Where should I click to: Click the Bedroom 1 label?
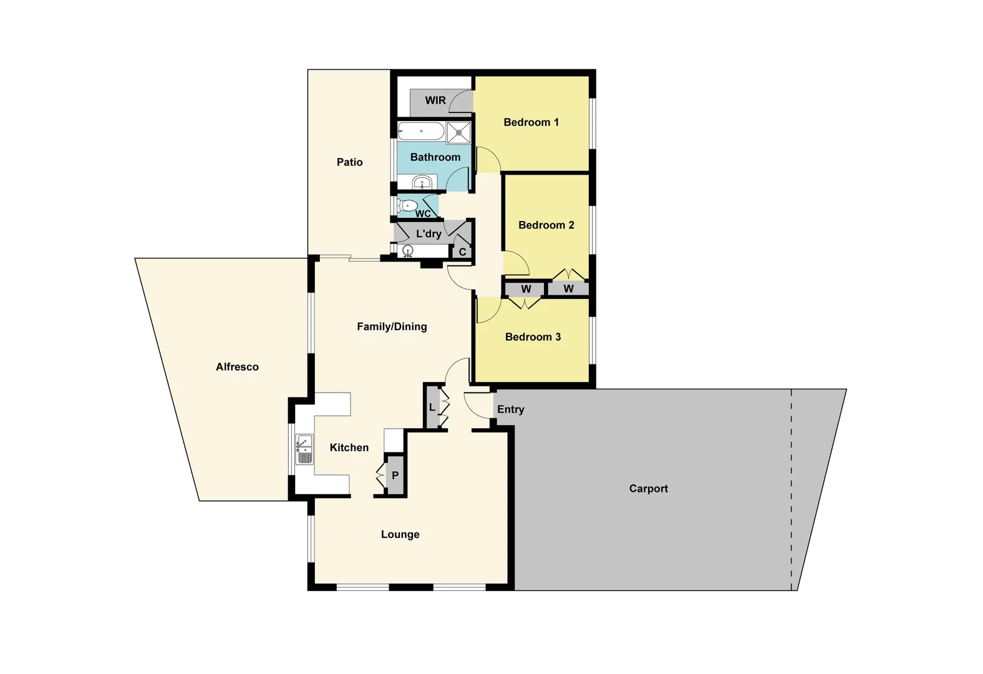(x=531, y=122)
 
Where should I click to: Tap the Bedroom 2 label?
(x=546, y=225)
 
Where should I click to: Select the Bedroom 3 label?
(x=533, y=337)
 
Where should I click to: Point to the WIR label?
(x=435, y=100)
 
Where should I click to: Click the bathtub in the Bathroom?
(x=421, y=131)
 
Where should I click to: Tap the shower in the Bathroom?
(x=458, y=132)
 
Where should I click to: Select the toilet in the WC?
(x=408, y=205)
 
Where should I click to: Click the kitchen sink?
(x=304, y=449)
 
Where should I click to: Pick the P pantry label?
(x=395, y=476)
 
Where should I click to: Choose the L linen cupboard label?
(x=432, y=408)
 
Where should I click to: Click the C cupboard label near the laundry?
(x=462, y=252)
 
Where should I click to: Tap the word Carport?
(x=648, y=489)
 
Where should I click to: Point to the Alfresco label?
(x=237, y=367)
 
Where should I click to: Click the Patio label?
(x=349, y=162)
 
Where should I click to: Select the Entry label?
(x=510, y=409)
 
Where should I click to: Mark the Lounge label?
(x=400, y=534)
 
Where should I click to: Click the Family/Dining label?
(x=392, y=326)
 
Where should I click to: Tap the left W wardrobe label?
(x=526, y=289)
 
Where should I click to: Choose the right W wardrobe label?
(x=568, y=289)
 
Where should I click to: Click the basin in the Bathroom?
(x=422, y=183)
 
